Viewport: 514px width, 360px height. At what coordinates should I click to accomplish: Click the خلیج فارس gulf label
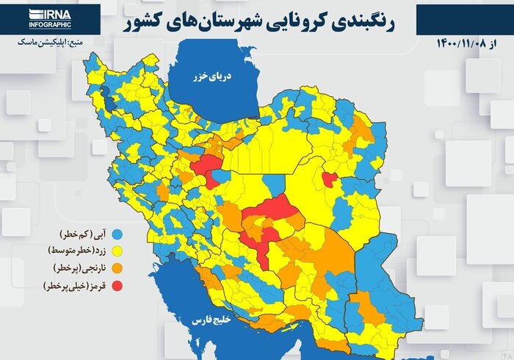210,321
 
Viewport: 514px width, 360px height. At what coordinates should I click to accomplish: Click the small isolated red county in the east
328,179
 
